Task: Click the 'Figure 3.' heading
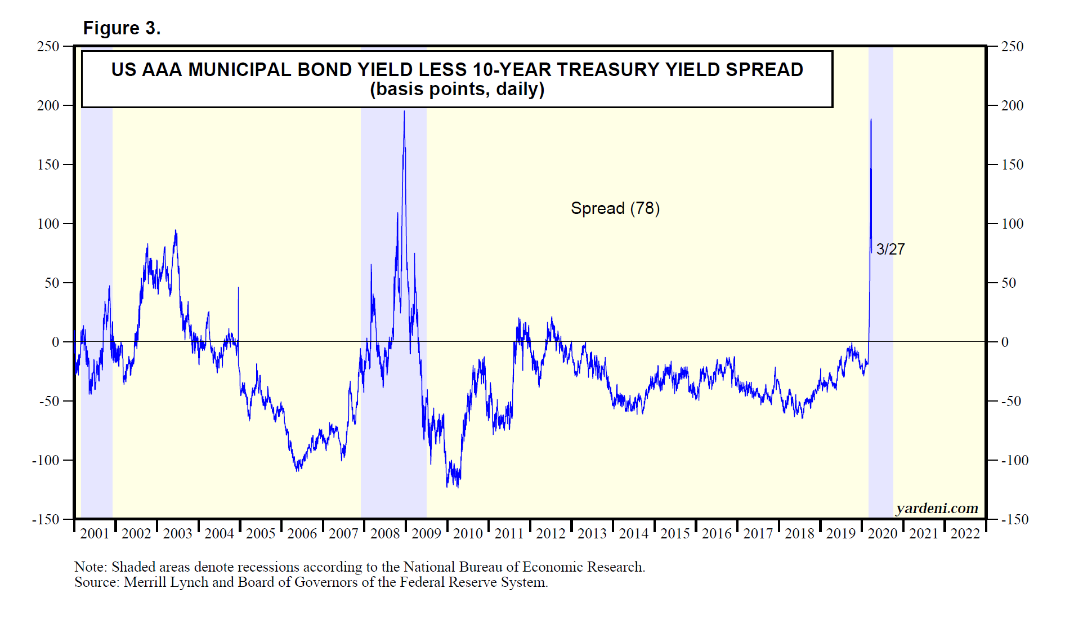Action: pyautogui.click(x=122, y=28)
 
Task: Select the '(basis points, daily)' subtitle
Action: pyautogui.click(x=457, y=90)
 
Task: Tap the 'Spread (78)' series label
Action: pyautogui.click(x=615, y=208)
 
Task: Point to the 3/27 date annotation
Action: pyautogui.click(x=890, y=249)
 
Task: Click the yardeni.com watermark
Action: pyautogui.click(x=937, y=509)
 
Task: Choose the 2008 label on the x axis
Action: pyautogui.click(x=385, y=534)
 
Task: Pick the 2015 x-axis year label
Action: pyautogui.click(x=675, y=534)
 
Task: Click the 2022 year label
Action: pyautogui.click(x=965, y=534)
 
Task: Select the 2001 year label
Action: pyautogui.click(x=95, y=534)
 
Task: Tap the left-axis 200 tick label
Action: pyautogui.click(x=48, y=106)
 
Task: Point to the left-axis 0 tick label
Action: pyautogui.click(x=55, y=342)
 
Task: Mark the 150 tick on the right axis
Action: pyautogui.click(x=1012, y=165)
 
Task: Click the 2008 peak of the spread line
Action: pyautogui.click(x=404, y=112)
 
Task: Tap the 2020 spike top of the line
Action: pyautogui.click(x=871, y=119)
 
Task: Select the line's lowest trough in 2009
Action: pyautogui.click(x=458, y=487)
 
